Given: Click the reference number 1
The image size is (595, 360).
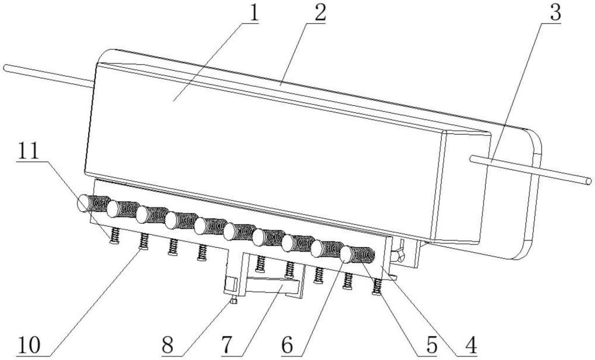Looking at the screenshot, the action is [x=253, y=13].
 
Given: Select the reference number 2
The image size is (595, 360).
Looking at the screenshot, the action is [x=319, y=13].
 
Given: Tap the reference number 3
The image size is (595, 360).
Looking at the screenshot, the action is [x=555, y=13].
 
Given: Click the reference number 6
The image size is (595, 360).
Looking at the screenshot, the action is [x=287, y=345].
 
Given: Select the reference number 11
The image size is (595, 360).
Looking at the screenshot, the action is [x=29, y=151].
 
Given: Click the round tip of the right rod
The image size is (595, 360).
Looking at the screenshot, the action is [x=588, y=181].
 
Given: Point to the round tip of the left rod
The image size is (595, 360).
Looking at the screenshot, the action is [x=6, y=67].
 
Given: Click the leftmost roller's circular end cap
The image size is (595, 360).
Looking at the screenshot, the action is [x=83, y=203].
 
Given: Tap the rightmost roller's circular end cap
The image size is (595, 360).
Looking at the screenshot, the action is [x=346, y=255].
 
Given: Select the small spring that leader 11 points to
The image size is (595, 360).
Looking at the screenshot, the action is [x=114, y=235].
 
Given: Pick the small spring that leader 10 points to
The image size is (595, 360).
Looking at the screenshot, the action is [x=143, y=241].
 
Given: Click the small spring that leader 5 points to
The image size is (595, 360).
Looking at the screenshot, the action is [x=377, y=287].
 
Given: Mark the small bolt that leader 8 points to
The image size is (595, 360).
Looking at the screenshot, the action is [x=234, y=301].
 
